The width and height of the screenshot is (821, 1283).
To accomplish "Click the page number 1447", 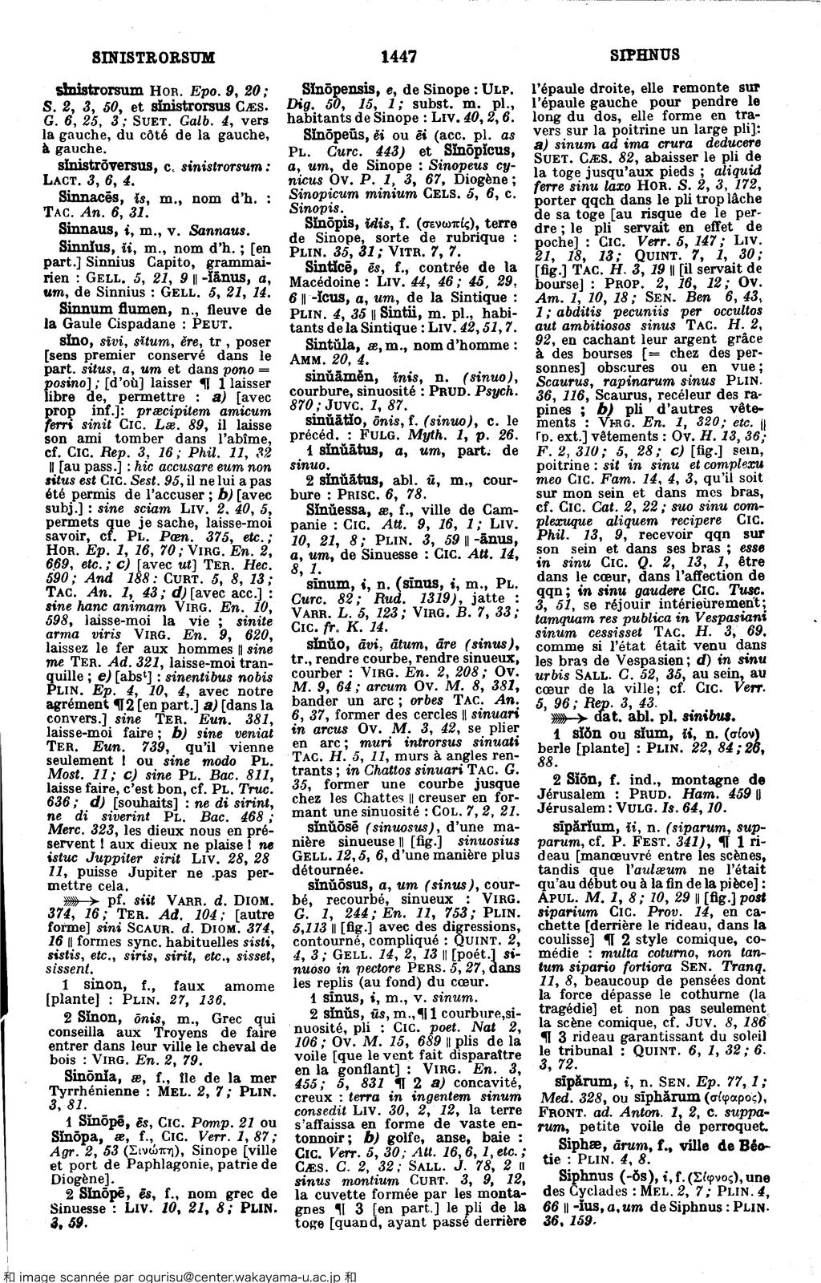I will pyautogui.click(x=398, y=56).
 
